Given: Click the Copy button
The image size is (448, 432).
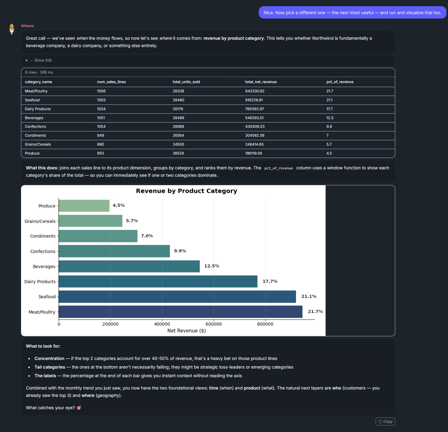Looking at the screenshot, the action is click(x=385, y=422).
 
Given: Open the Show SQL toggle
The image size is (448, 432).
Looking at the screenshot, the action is click(x=39, y=60).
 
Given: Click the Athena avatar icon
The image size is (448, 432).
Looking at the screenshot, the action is click(x=12, y=29).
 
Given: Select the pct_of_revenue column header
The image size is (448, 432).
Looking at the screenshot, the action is click(x=340, y=82).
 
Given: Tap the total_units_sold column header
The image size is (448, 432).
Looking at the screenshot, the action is click(x=186, y=82).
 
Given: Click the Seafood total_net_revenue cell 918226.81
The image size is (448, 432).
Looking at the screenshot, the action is click(x=254, y=100).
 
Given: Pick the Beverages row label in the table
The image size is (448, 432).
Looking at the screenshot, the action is click(x=34, y=118).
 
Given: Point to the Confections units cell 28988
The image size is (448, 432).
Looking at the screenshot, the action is click(x=179, y=127).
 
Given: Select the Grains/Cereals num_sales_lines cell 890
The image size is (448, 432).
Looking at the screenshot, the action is click(x=101, y=144).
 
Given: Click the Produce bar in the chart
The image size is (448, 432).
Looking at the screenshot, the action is click(x=84, y=206).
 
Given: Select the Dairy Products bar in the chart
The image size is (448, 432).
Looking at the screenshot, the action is click(x=158, y=281).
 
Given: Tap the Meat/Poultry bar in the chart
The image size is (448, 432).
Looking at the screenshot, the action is click(x=180, y=312).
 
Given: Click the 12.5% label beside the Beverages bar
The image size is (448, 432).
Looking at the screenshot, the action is click(x=212, y=266).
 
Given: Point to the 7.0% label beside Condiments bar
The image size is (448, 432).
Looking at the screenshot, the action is click(x=147, y=236).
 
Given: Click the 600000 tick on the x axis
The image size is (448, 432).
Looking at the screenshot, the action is click(x=214, y=324).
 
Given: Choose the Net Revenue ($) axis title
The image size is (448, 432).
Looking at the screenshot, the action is click(x=187, y=331).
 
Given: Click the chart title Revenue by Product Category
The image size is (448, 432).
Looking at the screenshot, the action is click(x=187, y=191).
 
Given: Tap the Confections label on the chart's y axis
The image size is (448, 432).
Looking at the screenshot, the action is click(x=43, y=251).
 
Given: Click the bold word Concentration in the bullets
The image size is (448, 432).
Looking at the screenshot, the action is click(x=49, y=358).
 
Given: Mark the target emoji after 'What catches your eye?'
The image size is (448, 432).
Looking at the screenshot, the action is click(x=79, y=408).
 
